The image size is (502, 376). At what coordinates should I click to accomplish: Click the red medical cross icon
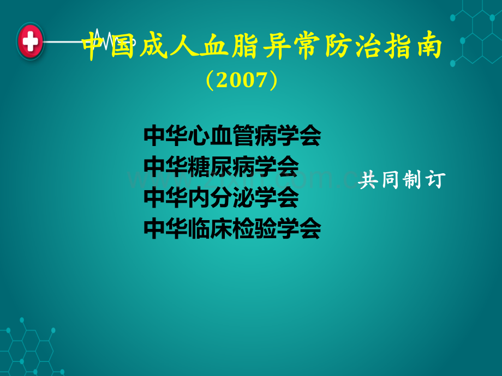(x=31, y=41)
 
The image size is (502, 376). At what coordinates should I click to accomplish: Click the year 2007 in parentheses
(x=242, y=80)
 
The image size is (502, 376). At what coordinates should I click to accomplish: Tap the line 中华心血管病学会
(x=232, y=136)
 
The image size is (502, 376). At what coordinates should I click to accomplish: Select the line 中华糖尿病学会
(x=221, y=167)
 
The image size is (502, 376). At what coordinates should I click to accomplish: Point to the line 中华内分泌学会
(x=221, y=197)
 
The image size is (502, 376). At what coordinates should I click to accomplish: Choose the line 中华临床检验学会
(x=232, y=228)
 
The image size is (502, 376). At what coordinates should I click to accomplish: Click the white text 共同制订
(x=402, y=180)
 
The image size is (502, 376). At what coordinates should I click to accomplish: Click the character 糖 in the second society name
(x=199, y=167)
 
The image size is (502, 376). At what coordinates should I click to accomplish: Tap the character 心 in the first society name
(x=199, y=136)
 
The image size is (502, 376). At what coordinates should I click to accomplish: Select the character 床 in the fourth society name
(x=221, y=228)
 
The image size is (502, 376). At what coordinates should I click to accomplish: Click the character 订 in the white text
(x=435, y=180)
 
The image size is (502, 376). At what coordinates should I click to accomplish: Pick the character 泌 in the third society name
(x=243, y=197)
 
